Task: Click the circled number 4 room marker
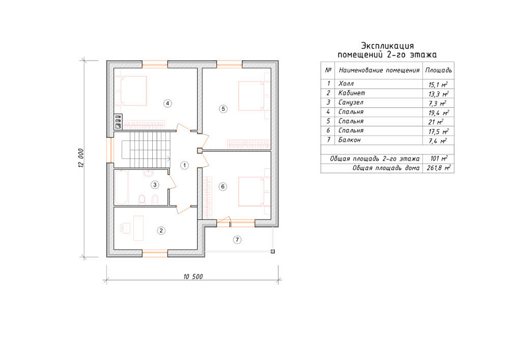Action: [168, 103]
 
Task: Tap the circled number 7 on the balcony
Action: [237, 240]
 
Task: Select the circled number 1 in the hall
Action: [185, 165]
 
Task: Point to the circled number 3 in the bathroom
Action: [155, 185]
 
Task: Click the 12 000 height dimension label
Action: [81, 158]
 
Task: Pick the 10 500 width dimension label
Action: [193, 277]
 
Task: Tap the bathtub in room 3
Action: [121, 188]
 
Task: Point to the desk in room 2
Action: [139, 227]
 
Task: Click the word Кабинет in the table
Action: [352, 93]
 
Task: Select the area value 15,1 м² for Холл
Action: [438, 84]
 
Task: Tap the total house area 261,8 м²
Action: [438, 168]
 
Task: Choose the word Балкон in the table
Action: [349, 140]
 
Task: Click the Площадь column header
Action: [438, 70]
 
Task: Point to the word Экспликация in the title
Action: [388, 46]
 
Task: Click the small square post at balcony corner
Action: [272, 251]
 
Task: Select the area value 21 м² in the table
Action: [436, 122]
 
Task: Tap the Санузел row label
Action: [350, 102]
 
